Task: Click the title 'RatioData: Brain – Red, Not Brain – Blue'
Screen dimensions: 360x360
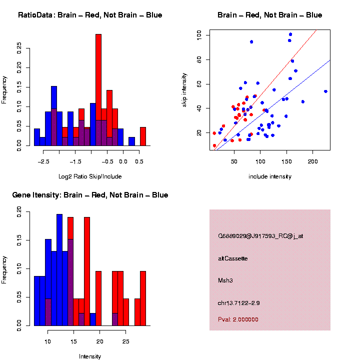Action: pos(90,15)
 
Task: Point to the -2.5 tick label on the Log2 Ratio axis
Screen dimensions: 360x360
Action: pos(43,162)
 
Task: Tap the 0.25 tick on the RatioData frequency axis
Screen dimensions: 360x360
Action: pos(19,47)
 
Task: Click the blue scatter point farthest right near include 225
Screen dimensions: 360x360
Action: pos(325,91)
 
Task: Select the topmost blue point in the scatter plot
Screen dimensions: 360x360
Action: pos(290,34)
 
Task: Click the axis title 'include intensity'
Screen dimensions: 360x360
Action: pos(270,176)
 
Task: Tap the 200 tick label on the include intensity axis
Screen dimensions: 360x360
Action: pos(312,162)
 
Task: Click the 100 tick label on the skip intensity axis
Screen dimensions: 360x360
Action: pos(199,35)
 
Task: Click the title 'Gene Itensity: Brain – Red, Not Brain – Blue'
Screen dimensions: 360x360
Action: pos(90,195)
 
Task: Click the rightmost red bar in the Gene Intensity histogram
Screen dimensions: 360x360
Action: pos(143,298)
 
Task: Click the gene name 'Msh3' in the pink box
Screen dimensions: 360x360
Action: pos(225,280)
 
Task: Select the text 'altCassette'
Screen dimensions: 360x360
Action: pos(233,258)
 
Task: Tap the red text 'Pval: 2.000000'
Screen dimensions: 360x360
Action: pos(238,319)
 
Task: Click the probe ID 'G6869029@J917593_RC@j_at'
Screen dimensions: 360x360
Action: pos(260,236)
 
